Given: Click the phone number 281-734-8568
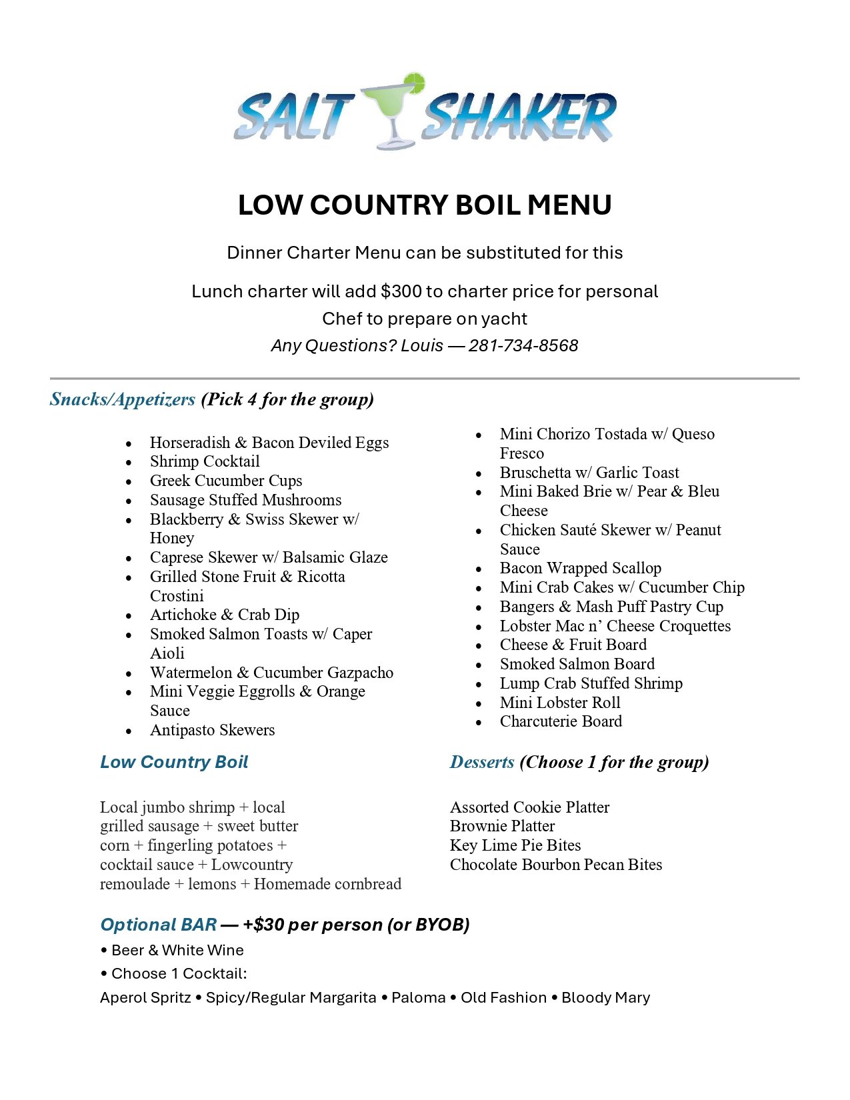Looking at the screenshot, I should point(523,345).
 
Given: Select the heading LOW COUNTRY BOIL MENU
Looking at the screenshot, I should point(425,205).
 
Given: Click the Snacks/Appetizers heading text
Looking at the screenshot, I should point(123,399).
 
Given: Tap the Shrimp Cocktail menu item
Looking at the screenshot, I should point(205,461).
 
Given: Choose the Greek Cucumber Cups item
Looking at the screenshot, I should point(226,481).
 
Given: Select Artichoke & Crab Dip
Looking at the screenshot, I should point(225,615).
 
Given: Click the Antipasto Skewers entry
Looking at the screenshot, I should point(212,730).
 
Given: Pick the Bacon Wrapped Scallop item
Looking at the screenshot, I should point(581,568).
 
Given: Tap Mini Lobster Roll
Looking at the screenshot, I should point(560,703).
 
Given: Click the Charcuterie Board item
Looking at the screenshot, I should point(561,721).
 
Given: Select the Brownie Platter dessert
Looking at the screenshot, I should point(502,826).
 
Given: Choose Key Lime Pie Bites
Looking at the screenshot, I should point(515,845).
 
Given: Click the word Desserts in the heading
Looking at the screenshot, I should point(482,762).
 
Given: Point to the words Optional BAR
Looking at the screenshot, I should point(159,925).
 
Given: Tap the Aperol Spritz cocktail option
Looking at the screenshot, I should point(145,997).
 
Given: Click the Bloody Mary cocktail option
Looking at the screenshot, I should point(605,997).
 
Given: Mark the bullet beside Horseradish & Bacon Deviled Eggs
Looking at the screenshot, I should point(129,444).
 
